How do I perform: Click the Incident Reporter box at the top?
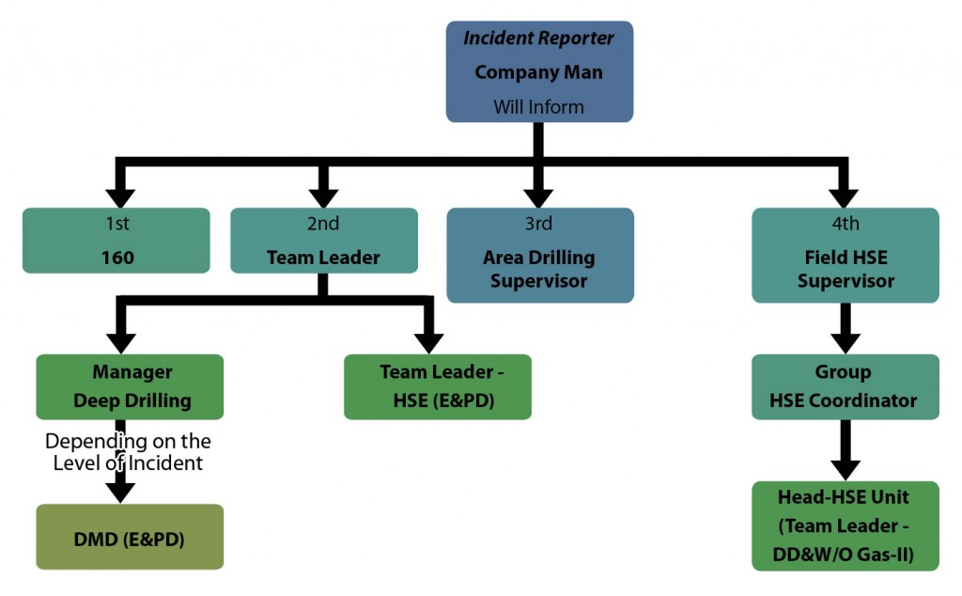(x=538, y=71)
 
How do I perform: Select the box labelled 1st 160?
(x=116, y=241)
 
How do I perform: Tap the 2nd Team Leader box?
(x=323, y=241)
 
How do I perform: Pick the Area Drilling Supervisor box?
(x=539, y=255)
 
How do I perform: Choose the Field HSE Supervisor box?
(x=846, y=255)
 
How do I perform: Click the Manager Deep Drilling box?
(x=130, y=386)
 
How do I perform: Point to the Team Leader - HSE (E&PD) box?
(x=438, y=386)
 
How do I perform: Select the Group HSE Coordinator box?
(x=846, y=386)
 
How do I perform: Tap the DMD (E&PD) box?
(x=130, y=537)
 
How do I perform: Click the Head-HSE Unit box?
(x=846, y=525)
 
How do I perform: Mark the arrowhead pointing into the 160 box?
(x=119, y=196)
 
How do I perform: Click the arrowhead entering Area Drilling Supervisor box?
(x=538, y=196)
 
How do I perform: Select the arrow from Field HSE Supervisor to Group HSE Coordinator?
(x=846, y=327)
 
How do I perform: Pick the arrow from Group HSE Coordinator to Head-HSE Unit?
(x=846, y=449)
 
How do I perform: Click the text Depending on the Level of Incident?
(x=128, y=451)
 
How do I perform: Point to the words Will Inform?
(x=538, y=107)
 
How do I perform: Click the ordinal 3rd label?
(x=538, y=224)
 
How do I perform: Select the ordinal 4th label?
(x=846, y=224)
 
